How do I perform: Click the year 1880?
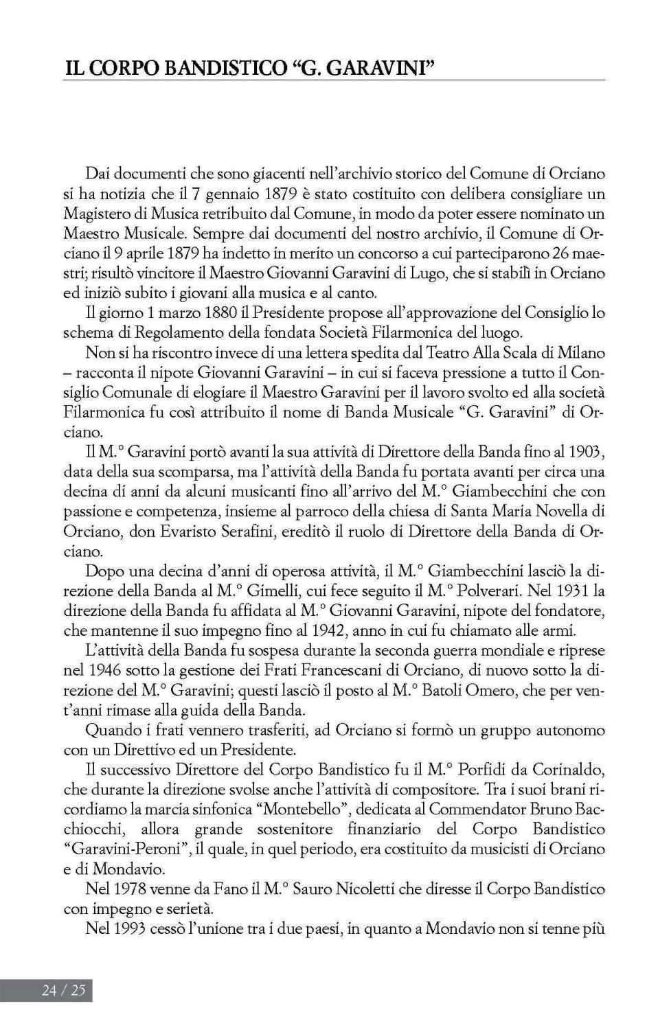pos(224,312)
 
